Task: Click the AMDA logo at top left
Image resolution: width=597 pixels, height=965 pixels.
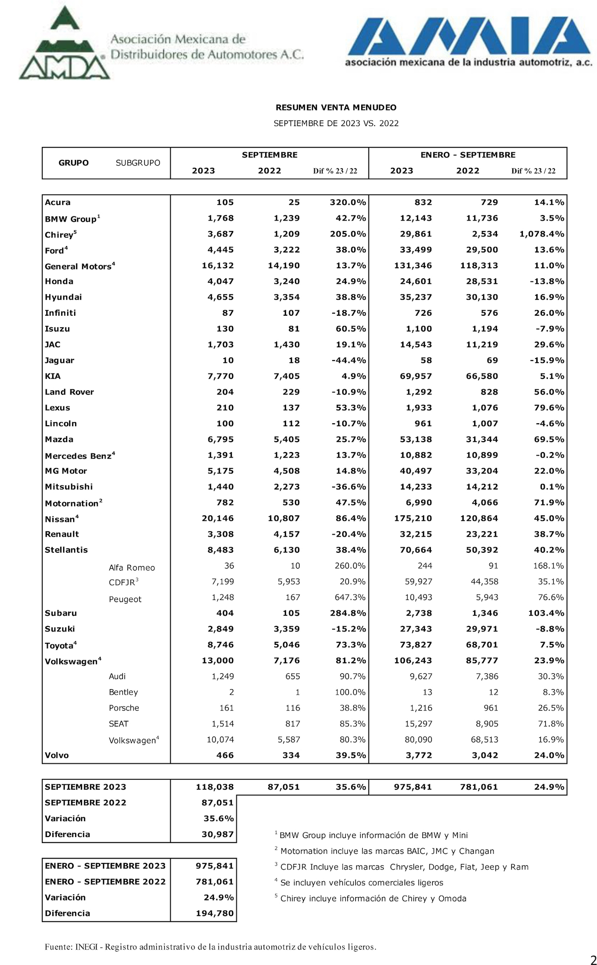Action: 65,47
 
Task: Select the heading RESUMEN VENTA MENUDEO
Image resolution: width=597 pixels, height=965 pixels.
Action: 336,108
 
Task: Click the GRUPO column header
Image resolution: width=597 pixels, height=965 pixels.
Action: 74,163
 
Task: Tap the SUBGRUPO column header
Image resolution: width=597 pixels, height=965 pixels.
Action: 138,163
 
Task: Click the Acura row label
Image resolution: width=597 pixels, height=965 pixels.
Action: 58,202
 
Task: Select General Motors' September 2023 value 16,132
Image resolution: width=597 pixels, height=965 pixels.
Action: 217,265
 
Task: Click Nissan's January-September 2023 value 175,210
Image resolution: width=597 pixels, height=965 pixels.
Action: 413,518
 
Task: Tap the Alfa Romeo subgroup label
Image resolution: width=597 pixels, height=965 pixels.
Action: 132,568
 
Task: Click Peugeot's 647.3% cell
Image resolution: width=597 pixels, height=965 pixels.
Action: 350,597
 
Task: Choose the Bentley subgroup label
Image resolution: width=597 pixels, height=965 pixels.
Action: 123,692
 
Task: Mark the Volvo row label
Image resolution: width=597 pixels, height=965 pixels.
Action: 57,755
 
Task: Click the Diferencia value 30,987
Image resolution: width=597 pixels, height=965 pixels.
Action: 217,834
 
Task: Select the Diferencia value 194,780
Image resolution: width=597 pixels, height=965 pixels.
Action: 215,913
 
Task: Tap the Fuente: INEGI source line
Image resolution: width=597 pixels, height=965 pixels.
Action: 210,947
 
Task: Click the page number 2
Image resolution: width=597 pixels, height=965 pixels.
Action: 593,959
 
